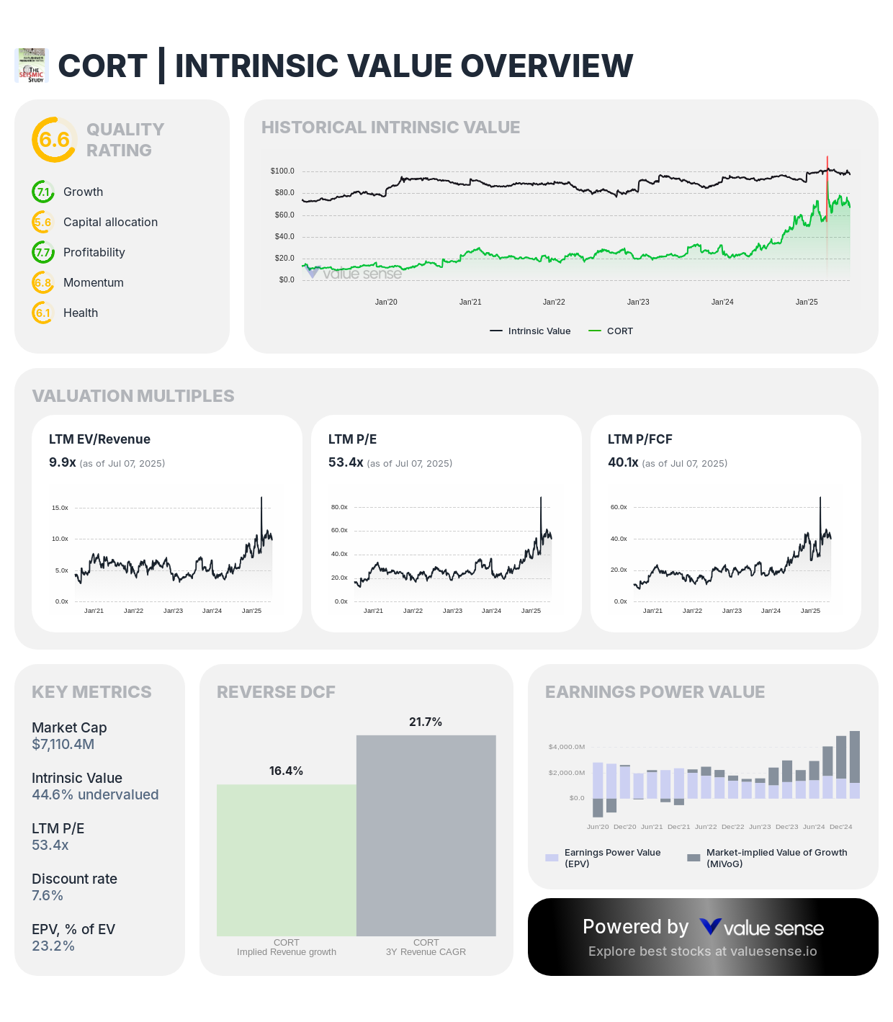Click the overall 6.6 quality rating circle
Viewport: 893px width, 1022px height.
click(54, 140)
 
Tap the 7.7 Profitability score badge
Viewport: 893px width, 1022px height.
click(43, 253)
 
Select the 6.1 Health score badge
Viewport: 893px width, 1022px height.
click(43, 313)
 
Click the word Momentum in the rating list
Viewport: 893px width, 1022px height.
click(94, 283)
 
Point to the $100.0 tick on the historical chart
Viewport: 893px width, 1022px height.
click(282, 171)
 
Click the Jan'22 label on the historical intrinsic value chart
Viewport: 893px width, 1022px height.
click(554, 302)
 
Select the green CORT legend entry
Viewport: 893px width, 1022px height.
click(611, 331)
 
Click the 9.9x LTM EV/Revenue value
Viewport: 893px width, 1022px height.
click(63, 462)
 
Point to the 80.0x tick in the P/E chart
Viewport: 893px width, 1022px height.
click(339, 507)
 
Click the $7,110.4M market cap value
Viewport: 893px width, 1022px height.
click(63, 745)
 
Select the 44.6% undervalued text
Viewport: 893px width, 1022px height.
click(95, 795)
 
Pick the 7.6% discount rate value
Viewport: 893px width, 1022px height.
click(48, 896)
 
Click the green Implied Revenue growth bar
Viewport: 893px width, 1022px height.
click(287, 860)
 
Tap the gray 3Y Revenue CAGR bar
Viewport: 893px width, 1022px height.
click(426, 835)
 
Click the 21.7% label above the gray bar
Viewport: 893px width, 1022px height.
click(426, 722)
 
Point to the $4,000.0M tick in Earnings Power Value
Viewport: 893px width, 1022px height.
click(567, 747)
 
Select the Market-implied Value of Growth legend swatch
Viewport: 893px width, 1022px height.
click(694, 858)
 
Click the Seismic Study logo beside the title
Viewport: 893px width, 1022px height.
click(32, 66)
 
